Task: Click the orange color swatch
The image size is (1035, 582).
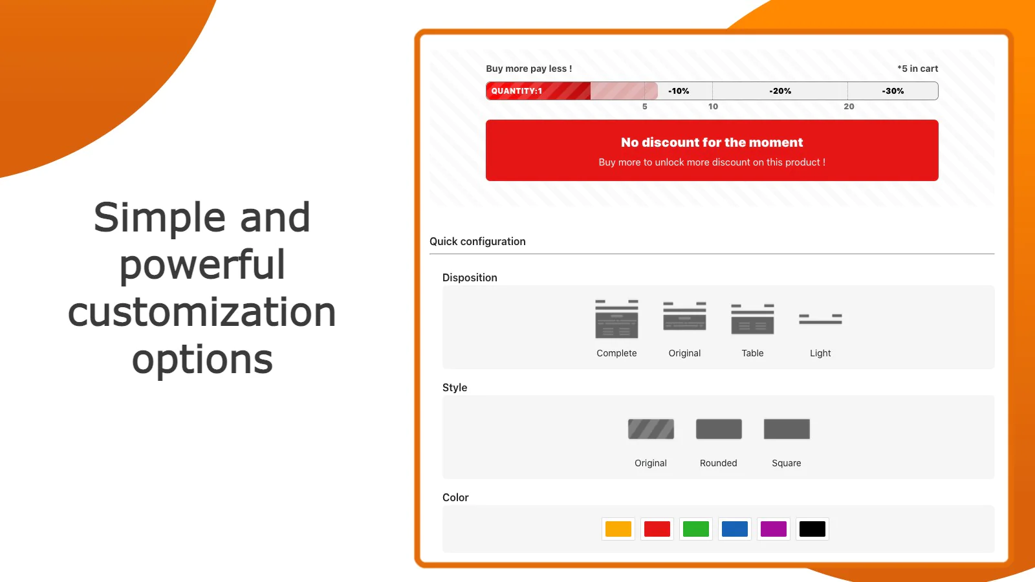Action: (618, 529)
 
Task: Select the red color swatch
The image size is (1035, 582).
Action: (657, 529)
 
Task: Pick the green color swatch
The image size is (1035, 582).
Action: (696, 529)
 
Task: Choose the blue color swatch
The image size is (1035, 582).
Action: (735, 529)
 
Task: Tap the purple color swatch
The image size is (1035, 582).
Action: (774, 529)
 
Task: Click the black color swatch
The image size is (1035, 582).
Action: (812, 529)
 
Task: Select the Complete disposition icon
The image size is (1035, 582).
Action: (617, 319)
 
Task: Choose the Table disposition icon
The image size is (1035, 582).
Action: (753, 319)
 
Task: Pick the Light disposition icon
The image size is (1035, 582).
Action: (821, 319)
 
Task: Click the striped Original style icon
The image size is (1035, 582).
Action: (651, 429)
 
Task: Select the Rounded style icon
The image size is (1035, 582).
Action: (719, 429)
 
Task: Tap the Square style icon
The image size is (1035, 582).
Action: (787, 429)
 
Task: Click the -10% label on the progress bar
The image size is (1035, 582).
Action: (679, 91)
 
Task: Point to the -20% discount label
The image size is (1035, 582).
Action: (780, 91)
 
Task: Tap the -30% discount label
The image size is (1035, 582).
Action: (893, 91)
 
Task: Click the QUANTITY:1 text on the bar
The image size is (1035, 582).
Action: (517, 91)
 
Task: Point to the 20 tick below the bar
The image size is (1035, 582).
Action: (849, 106)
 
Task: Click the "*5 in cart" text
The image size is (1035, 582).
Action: (918, 69)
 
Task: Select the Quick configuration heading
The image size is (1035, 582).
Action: (478, 242)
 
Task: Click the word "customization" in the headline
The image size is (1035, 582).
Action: (202, 312)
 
